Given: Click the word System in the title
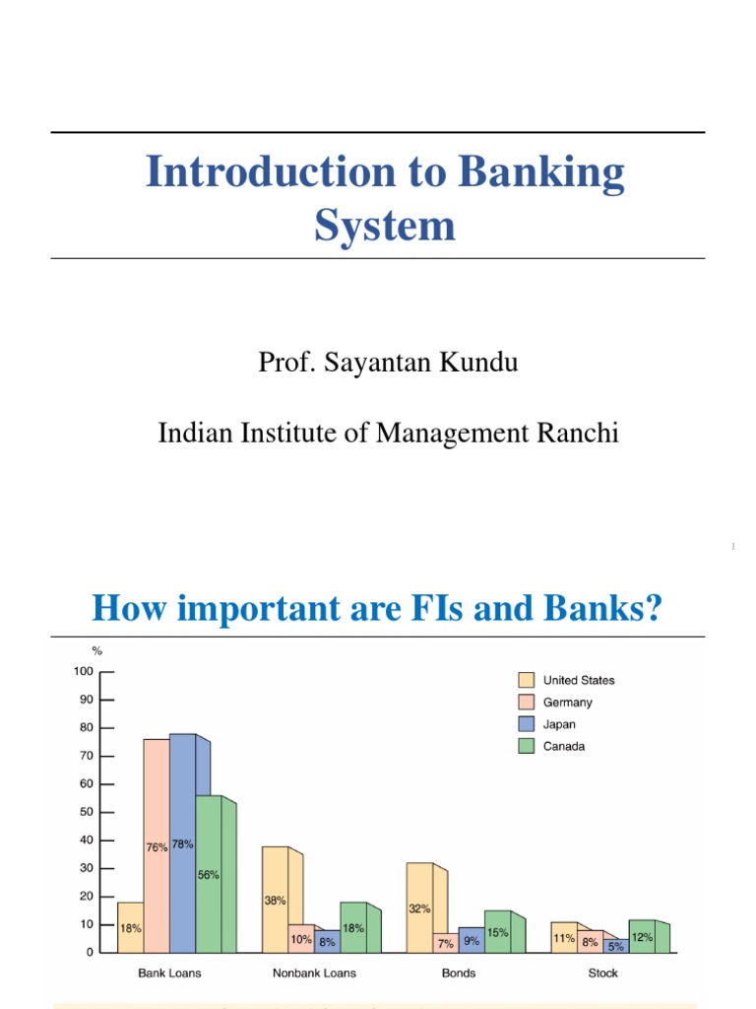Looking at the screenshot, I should tap(385, 226).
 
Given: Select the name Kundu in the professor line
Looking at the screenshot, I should tap(475, 363).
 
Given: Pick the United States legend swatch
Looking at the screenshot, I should tap(527, 680).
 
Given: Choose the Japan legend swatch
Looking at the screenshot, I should tap(527, 724).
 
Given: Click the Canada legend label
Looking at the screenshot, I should tap(564, 747).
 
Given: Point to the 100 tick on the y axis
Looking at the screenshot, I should tap(83, 672).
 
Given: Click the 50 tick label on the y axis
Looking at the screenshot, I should tap(87, 813).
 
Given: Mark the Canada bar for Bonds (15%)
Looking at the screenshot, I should tap(497, 931).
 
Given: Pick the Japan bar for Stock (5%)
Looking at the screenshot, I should tap(615, 946).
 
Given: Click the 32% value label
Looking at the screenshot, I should tap(419, 909).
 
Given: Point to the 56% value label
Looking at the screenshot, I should tap(208, 875).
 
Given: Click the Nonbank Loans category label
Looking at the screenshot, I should tap(314, 974).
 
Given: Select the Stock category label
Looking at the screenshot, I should tap(602, 974).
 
